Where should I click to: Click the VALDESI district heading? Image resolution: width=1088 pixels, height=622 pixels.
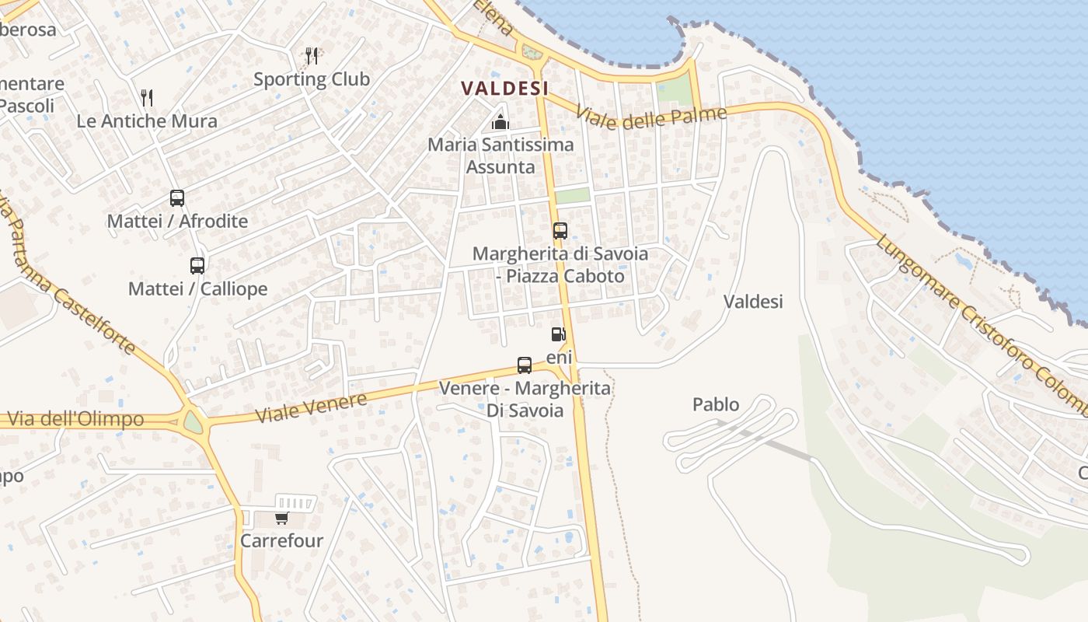click(x=505, y=89)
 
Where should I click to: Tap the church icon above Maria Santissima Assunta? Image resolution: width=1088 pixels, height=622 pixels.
click(x=500, y=122)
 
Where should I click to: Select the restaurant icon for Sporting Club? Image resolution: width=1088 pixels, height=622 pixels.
click(x=312, y=56)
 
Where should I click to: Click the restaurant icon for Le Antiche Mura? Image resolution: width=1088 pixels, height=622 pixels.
click(x=147, y=98)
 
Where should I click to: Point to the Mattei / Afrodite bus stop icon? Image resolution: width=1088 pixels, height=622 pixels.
click(x=177, y=198)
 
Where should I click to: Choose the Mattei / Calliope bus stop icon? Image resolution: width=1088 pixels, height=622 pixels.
click(x=197, y=266)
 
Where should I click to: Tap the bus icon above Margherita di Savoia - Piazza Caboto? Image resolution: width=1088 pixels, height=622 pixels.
click(x=560, y=231)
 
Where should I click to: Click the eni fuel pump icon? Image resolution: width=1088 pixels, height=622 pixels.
click(x=558, y=334)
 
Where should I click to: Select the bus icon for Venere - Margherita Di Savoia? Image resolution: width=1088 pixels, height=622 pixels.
click(x=525, y=365)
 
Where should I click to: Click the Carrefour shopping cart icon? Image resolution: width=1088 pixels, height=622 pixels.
click(x=281, y=518)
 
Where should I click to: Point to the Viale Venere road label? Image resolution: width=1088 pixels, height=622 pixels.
click(x=311, y=408)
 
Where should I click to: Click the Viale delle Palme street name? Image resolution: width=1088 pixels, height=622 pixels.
click(x=651, y=117)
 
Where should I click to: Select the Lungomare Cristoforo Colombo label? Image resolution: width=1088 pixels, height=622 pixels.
click(x=982, y=324)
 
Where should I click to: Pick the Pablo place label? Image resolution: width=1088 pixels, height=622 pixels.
click(x=716, y=404)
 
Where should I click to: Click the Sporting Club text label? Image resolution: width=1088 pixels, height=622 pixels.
click(x=312, y=79)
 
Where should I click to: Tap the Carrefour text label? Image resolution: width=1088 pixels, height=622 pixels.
click(x=281, y=540)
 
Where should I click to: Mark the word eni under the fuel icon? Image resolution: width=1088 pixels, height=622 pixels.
click(x=560, y=357)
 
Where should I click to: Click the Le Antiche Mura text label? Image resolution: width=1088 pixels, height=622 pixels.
click(x=147, y=121)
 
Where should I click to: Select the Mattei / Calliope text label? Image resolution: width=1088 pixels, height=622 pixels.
click(x=197, y=289)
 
